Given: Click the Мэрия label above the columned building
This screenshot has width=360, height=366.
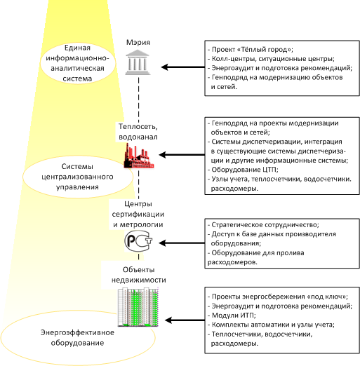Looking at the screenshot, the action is pyautogui.click(x=138, y=43).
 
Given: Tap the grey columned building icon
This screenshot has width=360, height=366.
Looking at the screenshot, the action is pyautogui.click(x=138, y=62).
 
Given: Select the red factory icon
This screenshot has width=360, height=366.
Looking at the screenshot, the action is pyautogui.click(x=139, y=156).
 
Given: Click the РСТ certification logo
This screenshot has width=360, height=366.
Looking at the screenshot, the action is pyautogui.click(x=138, y=241).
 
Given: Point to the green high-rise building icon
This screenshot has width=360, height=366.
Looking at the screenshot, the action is pyautogui.click(x=138, y=307).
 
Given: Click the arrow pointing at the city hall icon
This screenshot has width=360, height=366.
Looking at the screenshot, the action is pyautogui.click(x=183, y=67).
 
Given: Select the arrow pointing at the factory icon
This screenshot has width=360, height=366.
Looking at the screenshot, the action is pyautogui.click(x=182, y=155).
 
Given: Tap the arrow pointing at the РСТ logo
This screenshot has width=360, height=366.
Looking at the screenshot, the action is pyautogui.click(x=182, y=243).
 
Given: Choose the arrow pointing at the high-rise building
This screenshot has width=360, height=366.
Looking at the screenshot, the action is pyautogui.click(x=185, y=320).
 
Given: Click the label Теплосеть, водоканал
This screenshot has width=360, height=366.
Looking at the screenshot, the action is pyautogui.click(x=138, y=132).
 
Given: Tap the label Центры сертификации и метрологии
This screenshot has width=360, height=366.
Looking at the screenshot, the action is pyautogui.click(x=138, y=214).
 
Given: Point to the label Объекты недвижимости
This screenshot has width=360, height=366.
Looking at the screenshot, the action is pyautogui.click(x=139, y=275).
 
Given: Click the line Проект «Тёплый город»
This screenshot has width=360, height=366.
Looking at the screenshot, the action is pyautogui.click(x=251, y=50).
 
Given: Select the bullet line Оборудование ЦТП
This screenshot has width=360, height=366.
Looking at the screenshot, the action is pyautogui.click(x=243, y=170).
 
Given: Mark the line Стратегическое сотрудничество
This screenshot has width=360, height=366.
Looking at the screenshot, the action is pyautogui.click(x=263, y=225).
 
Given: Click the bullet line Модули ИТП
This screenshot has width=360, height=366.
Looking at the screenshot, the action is pyautogui.click(x=232, y=316).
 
